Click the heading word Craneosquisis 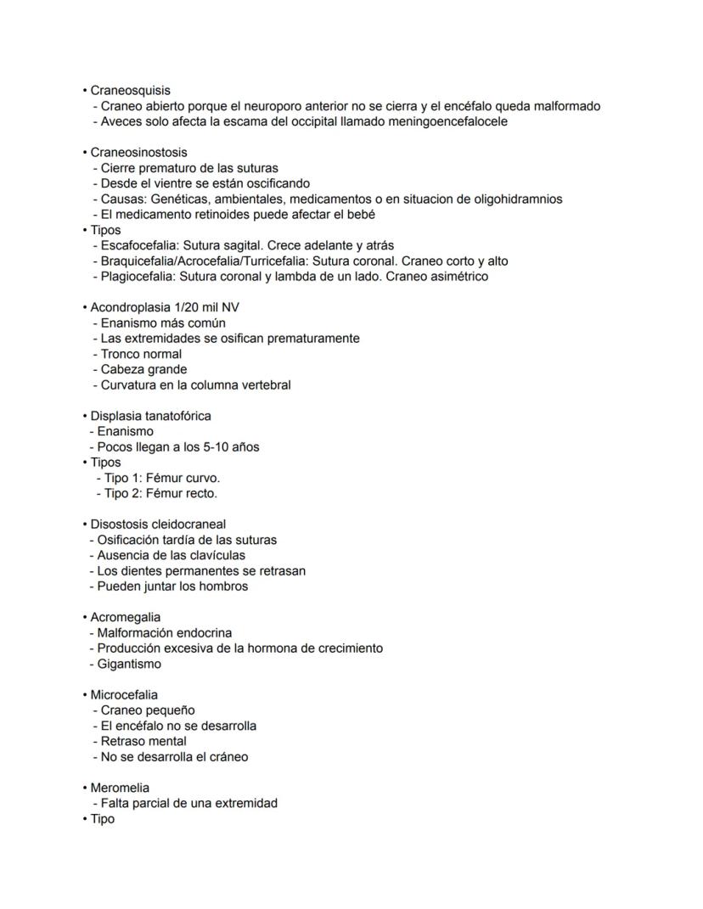coord(130,90)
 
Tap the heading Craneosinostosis coord(138,152)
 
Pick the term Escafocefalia coord(140,245)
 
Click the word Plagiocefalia coord(138,276)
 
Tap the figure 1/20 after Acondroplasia coord(188,307)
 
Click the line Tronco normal coord(141,354)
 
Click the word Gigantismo coord(129,664)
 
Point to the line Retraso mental coord(143,741)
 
